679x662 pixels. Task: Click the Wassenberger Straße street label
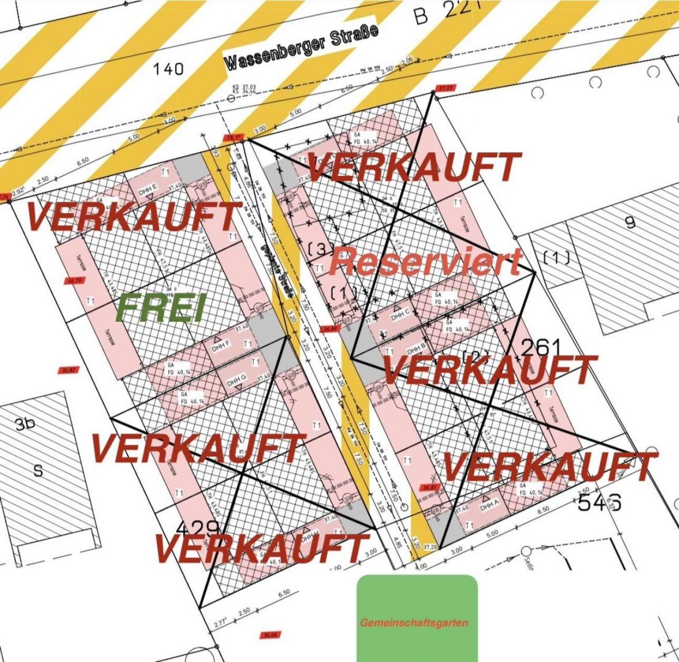(x=302, y=47)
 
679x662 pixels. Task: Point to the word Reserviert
(x=425, y=262)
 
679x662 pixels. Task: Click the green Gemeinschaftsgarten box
(x=417, y=618)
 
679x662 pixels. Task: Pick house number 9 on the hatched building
(x=629, y=223)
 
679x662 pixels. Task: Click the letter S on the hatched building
(x=39, y=471)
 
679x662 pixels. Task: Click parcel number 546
(x=600, y=503)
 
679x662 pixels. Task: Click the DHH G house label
(x=237, y=383)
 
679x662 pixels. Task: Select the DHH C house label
(x=400, y=316)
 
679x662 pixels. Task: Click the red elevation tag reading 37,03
(x=445, y=88)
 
